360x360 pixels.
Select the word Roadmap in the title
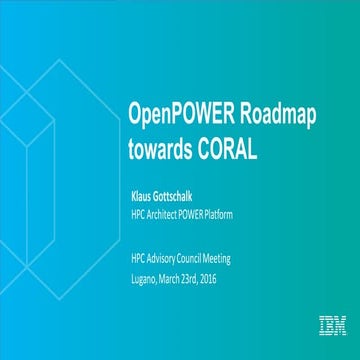(276, 113)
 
